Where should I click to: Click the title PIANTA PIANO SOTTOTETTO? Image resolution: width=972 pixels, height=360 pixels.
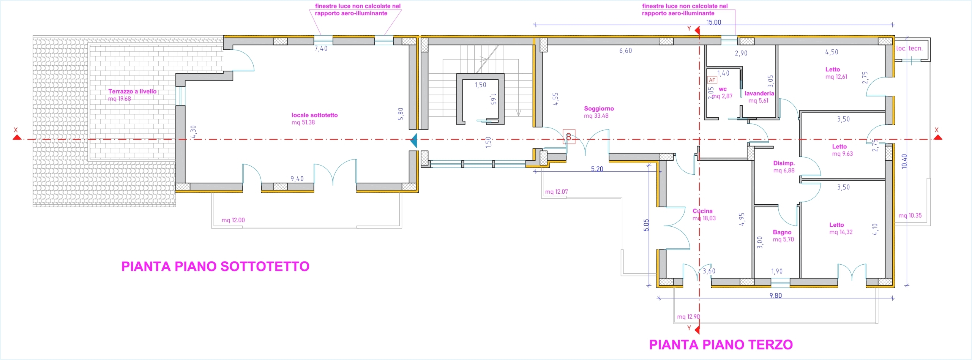[x=215, y=267]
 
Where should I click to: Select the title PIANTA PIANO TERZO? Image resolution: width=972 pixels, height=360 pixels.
[x=721, y=345]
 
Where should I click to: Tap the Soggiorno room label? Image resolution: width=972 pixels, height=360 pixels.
[x=599, y=109]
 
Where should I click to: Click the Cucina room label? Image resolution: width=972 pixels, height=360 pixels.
[x=702, y=211]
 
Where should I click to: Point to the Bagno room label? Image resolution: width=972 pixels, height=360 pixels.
[x=782, y=232]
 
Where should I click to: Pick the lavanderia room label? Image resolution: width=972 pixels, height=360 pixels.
[x=759, y=93]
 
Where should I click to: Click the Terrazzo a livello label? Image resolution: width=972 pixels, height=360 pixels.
[x=132, y=92]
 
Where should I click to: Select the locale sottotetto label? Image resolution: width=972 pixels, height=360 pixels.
[x=314, y=115]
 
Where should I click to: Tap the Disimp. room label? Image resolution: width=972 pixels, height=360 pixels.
[x=784, y=163]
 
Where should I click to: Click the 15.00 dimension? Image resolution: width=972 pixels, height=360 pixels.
[x=713, y=22]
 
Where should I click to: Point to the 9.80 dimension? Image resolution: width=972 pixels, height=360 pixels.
[x=775, y=295]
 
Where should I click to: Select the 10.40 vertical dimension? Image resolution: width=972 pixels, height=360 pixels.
[x=904, y=161]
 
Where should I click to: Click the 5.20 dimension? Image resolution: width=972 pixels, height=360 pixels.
[x=597, y=169]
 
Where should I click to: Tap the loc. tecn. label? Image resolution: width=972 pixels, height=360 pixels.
[x=909, y=48]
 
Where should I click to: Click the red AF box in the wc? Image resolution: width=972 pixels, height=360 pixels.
[x=712, y=80]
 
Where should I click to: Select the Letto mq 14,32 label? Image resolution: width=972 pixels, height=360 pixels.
[x=841, y=229]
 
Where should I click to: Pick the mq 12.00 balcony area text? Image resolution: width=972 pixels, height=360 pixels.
[x=233, y=220]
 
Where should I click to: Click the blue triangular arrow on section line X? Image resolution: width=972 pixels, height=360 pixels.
[x=414, y=141]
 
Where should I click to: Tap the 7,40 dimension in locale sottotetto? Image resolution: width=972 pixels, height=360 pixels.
[x=321, y=49]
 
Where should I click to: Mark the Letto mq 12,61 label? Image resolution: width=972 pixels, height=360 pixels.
[x=836, y=73]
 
